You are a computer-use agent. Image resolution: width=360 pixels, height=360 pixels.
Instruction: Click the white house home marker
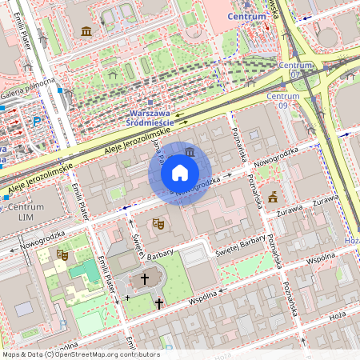(x=179, y=172)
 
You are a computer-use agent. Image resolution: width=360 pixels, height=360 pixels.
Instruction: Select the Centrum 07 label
(x=294, y=70)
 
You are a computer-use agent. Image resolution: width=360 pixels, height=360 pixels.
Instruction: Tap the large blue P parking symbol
(x=36, y=122)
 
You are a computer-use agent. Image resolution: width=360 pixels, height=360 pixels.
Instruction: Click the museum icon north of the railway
(x=86, y=31)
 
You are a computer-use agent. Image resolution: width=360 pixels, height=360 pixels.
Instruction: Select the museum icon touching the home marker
(x=188, y=151)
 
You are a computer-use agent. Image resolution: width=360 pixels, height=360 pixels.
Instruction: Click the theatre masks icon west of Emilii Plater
(x=62, y=255)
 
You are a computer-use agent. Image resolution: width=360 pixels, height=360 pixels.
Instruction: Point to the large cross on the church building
(x=145, y=278)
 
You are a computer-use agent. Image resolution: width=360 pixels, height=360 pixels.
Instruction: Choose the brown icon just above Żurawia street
(x=273, y=196)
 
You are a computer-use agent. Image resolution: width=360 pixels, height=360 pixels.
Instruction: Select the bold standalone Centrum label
(x=246, y=16)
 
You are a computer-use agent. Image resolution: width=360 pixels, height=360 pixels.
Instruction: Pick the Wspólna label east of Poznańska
(x=320, y=259)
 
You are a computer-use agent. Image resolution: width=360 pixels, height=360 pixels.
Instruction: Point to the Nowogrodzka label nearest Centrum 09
(x=277, y=158)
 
